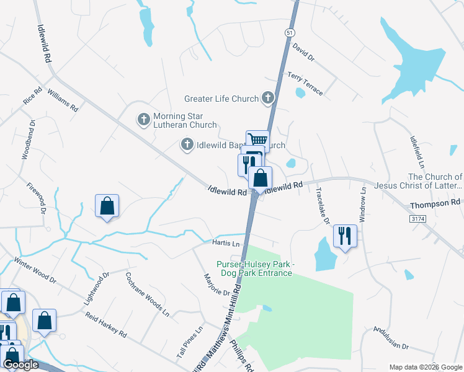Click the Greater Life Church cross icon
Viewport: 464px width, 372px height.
tap(267, 98)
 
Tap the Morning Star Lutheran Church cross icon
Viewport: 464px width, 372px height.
tap(143, 118)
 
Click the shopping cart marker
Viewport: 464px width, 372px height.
tap(257, 141)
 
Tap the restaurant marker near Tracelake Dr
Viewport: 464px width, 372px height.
tap(344, 236)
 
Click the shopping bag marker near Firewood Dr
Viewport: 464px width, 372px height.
tap(107, 206)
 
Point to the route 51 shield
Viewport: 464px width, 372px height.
tap(290, 32)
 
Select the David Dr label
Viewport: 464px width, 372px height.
tap(304, 51)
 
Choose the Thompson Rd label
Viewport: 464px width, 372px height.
tap(435, 203)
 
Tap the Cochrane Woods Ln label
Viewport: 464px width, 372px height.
tap(148, 294)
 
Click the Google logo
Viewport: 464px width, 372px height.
tap(20, 365)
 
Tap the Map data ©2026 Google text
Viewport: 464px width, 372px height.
tap(424, 366)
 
